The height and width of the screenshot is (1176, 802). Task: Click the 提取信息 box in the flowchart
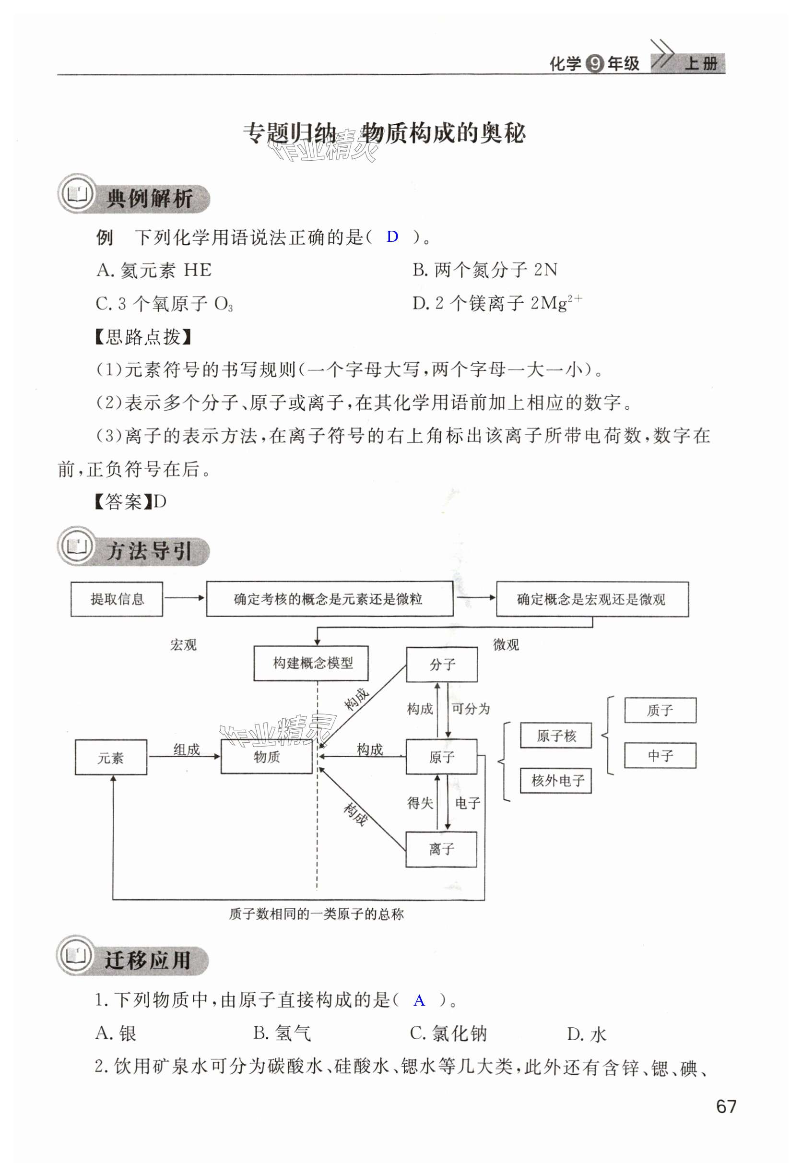pos(117,599)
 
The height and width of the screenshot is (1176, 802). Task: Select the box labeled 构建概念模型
pos(311,663)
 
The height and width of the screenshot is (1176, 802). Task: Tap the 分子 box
pos(442,665)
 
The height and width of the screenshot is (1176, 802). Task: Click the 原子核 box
pos(555,735)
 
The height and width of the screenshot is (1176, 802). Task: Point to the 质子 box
pos(660,710)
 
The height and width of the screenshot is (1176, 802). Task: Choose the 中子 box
pos(660,756)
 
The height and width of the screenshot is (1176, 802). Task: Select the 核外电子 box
pos(555,780)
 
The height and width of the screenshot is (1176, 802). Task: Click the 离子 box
pos(441,849)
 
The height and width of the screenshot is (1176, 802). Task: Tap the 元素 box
pos(111,758)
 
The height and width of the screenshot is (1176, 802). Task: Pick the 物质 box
pos(267,757)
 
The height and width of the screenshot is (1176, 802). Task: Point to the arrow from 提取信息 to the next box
pos(184,598)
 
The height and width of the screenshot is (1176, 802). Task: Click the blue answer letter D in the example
pos(392,237)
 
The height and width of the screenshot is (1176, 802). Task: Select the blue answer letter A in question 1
pos(419,1000)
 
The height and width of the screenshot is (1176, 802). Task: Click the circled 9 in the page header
pos(594,64)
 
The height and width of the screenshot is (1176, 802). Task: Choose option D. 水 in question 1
pos(587,1034)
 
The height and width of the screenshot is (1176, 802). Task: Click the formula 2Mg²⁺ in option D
pos(556,303)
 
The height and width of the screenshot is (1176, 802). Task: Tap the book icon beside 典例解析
pos(77,194)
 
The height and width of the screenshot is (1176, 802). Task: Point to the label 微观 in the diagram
pos(506,645)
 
